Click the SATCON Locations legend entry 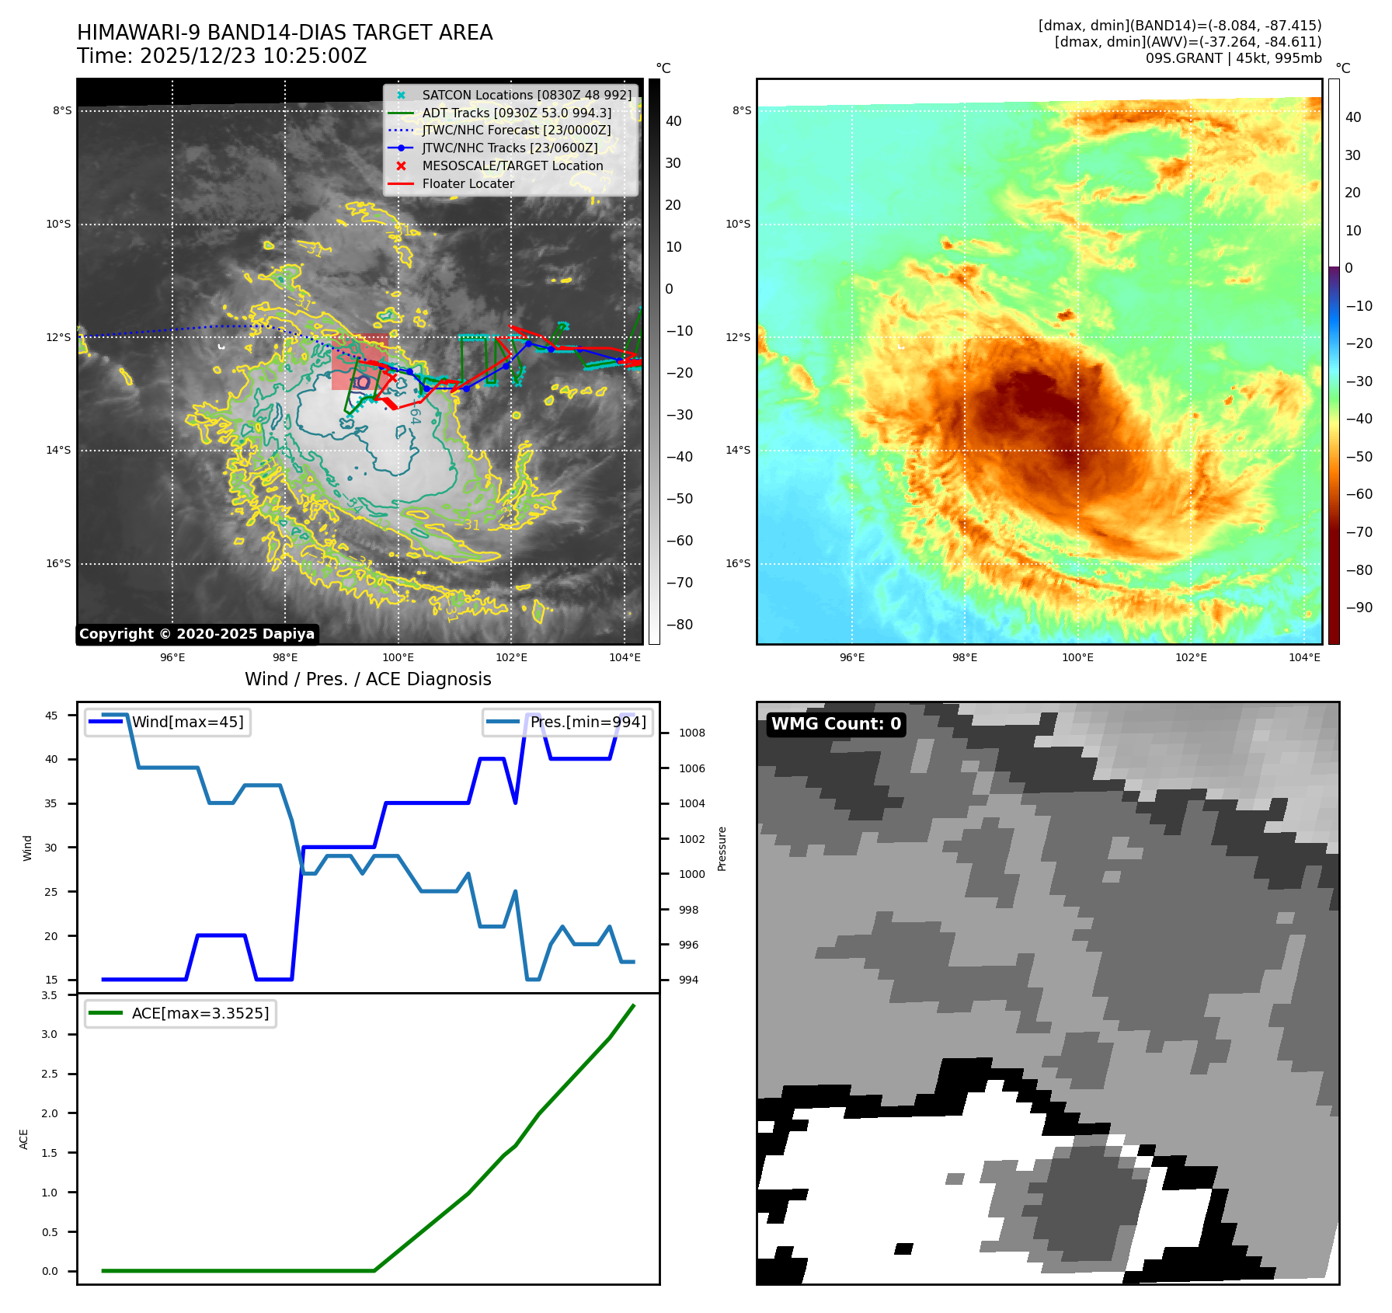point(527,95)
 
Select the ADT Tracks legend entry point(517,113)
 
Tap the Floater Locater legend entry point(468,183)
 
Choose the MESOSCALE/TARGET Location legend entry point(512,165)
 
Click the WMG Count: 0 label point(836,724)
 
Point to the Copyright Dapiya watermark point(197,634)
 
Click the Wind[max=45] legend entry point(187,722)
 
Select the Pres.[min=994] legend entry point(587,722)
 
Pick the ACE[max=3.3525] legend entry point(200,1013)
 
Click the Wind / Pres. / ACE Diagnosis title point(367,679)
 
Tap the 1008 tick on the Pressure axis point(691,733)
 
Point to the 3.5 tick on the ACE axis point(50,995)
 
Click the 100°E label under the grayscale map point(398,658)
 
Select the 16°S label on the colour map point(738,563)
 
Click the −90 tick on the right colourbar point(1359,608)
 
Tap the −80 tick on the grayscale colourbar point(679,625)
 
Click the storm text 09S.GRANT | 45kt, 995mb point(1233,58)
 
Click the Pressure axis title point(722,848)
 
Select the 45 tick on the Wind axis point(51,716)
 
